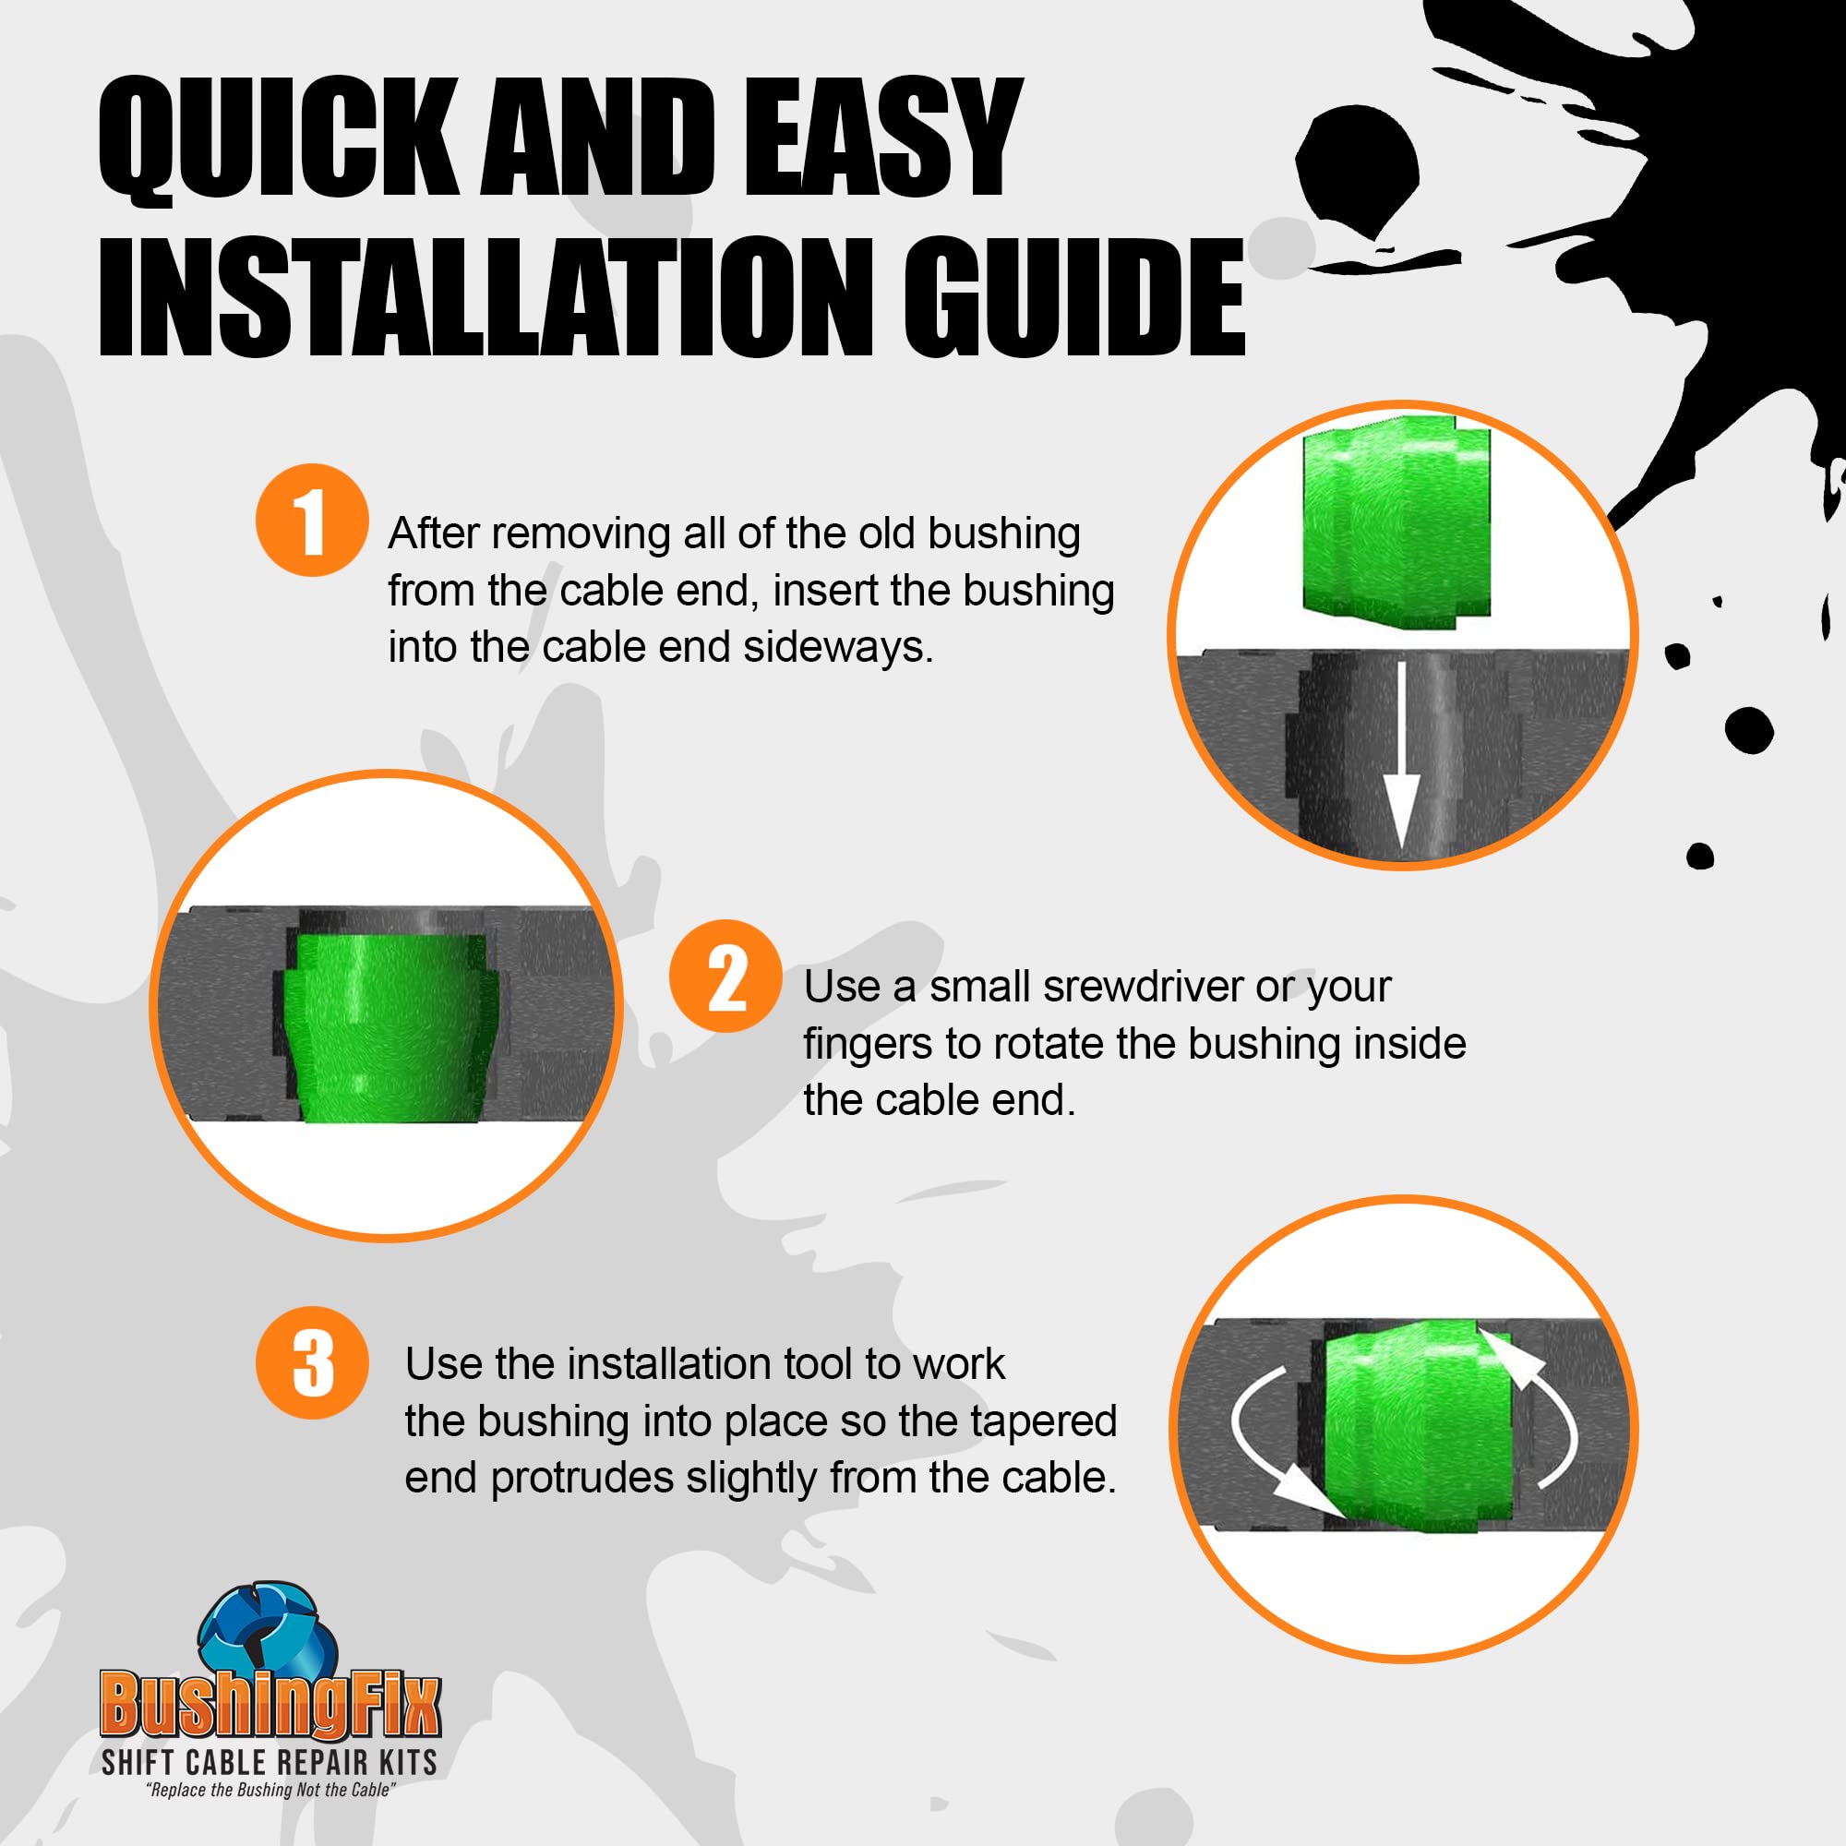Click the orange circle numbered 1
pyautogui.click(x=311, y=520)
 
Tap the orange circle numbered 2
pyautogui.click(x=725, y=976)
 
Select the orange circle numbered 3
pyautogui.click(x=311, y=1362)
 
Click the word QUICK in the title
pyautogui.click(x=278, y=141)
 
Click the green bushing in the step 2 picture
pyautogui.click(x=390, y=1025)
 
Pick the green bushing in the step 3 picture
pyautogui.click(x=1418, y=1427)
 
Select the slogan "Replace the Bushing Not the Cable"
pyautogui.click(x=270, y=1791)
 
